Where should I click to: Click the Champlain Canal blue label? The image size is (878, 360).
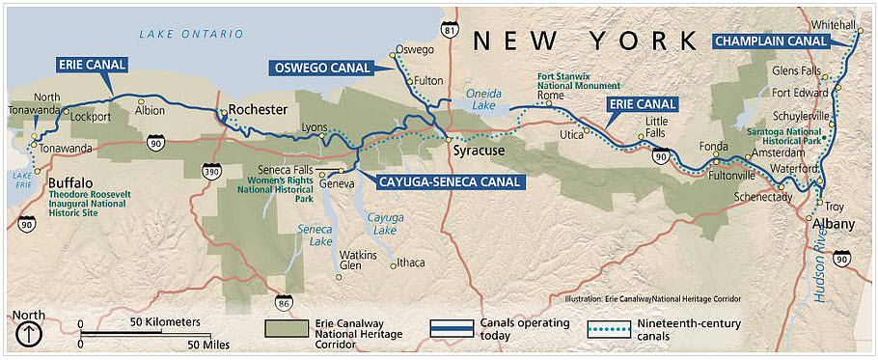[771, 42]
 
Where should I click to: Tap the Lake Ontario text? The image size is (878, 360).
[191, 34]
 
